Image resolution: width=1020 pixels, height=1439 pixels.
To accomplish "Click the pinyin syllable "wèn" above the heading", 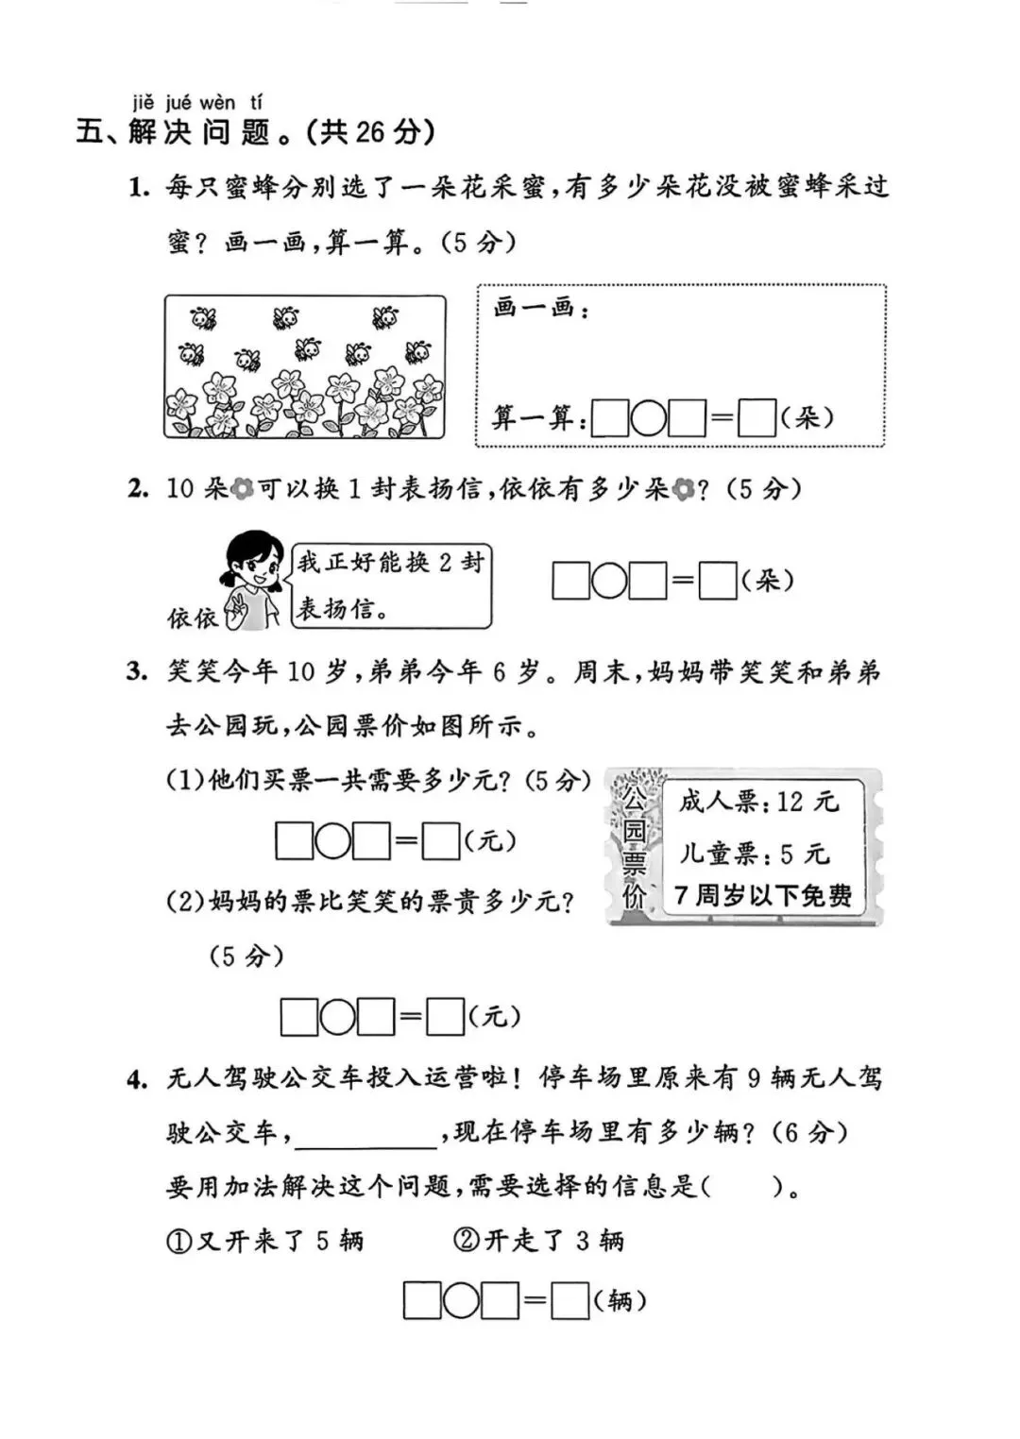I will [217, 102].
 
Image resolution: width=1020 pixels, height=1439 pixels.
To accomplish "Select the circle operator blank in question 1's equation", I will [649, 418].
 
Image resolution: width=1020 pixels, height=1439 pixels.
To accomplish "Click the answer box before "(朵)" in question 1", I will [756, 418].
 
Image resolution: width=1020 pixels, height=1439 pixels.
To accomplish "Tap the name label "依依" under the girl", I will [192, 618].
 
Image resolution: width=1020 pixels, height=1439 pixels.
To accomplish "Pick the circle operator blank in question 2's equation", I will [609, 581].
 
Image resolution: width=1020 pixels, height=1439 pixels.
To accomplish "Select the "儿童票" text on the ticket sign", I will [719, 854].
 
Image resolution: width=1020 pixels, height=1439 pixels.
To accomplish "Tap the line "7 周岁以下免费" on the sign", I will [763, 895].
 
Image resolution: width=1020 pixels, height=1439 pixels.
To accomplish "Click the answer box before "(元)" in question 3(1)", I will [441, 841].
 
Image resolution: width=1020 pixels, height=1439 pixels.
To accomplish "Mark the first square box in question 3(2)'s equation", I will [299, 1018].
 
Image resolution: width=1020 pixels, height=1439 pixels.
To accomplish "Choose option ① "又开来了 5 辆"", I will [265, 1241].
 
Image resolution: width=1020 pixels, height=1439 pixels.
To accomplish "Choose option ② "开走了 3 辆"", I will [539, 1241].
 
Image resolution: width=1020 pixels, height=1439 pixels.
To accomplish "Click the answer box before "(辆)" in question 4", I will [570, 1302].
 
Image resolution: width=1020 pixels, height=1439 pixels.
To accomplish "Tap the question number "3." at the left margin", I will [138, 672].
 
